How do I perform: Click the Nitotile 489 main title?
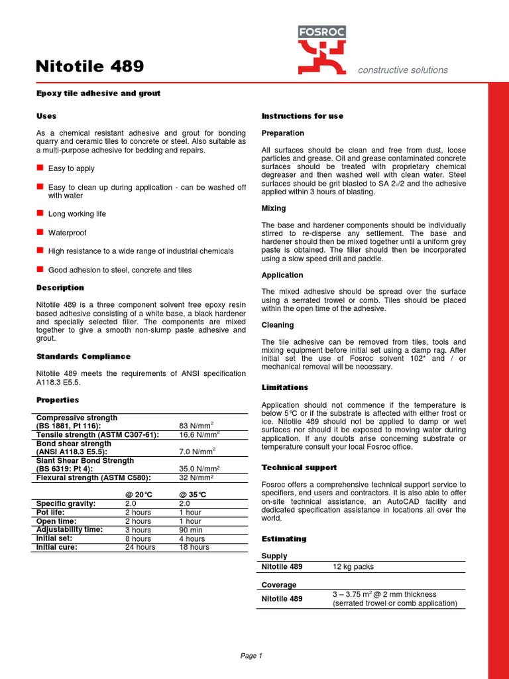coord(89,66)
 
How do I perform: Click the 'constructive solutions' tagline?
coord(402,70)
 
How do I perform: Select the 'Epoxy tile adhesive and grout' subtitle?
coord(98,93)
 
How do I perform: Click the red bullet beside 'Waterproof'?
coord(40,232)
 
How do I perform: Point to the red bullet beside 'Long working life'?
coord(40,214)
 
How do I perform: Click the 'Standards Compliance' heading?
coord(83,357)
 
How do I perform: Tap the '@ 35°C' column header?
coord(193,495)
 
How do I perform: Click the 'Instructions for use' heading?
coord(302,116)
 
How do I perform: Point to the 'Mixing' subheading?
coord(274,208)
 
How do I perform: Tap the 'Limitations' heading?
coord(285,387)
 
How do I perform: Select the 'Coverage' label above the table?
coord(279,585)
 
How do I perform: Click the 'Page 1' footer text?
coord(251,656)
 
